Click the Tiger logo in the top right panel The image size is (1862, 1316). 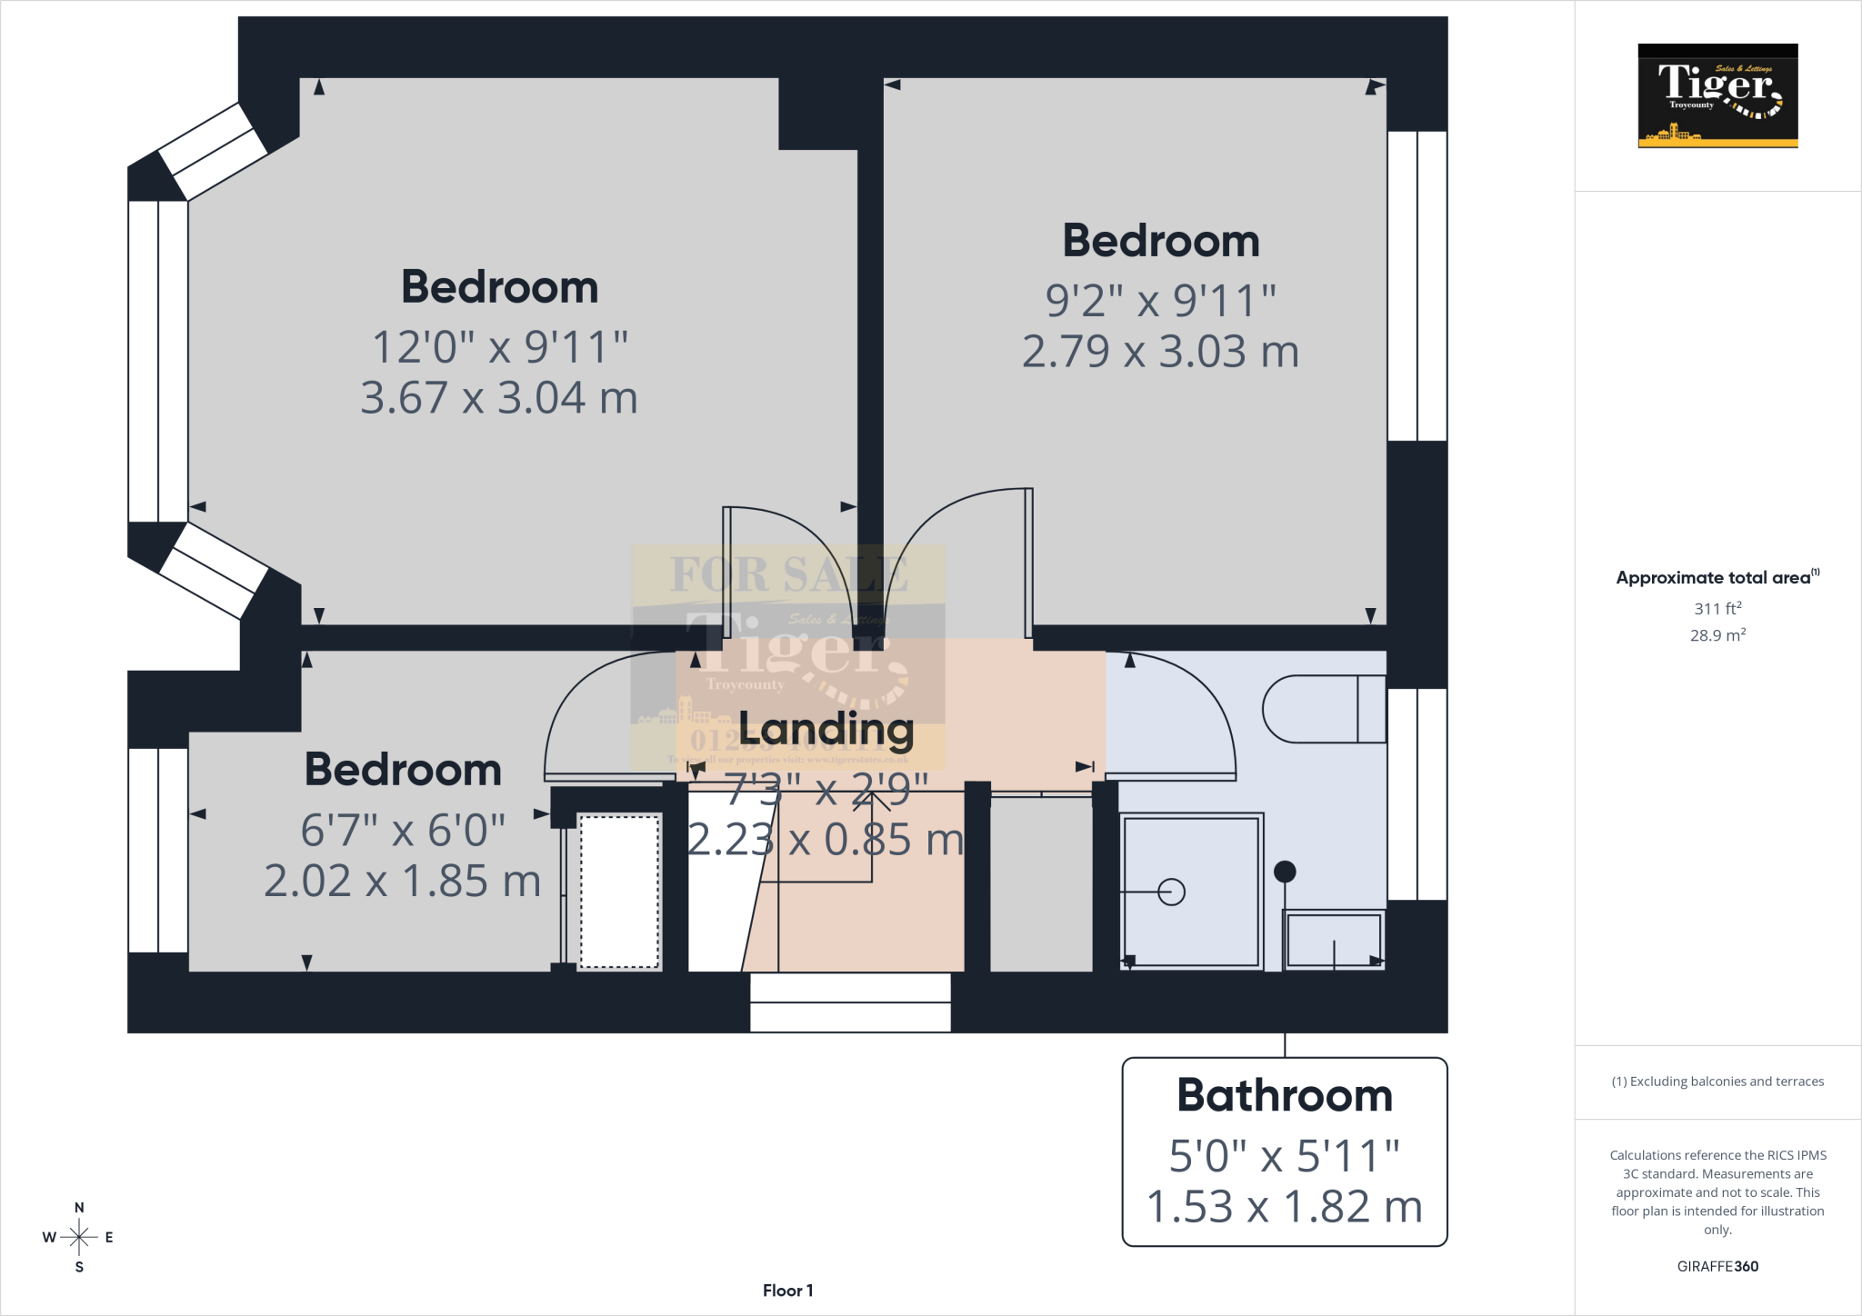1717,95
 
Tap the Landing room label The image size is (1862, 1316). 826,728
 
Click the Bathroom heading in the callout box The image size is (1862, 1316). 1284,1095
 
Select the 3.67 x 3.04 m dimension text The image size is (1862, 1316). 499,398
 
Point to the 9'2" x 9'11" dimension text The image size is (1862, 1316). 1160,301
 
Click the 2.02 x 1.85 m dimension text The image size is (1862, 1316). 403,881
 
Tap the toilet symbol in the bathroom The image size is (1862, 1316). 1323,709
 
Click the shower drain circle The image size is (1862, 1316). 1171,892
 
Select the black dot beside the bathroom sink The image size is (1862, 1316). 1284,872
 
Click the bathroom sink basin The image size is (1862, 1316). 1333,940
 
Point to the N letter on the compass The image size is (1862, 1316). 79,1208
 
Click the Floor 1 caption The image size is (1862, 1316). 787,1291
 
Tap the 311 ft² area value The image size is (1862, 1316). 1717,608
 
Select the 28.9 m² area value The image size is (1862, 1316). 1717,635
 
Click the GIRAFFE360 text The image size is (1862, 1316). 1717,1266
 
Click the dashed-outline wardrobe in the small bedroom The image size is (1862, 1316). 619,892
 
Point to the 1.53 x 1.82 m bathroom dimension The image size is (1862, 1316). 1284,1207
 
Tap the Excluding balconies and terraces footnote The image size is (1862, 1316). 1717,1082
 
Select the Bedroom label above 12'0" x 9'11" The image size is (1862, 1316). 499,287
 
